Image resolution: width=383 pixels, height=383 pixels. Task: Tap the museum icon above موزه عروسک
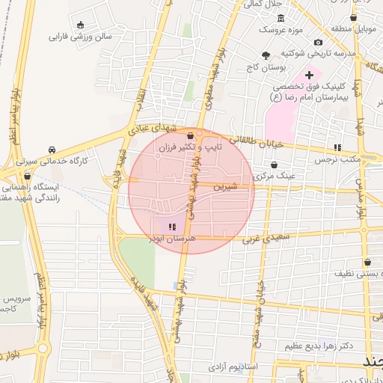[281, 18]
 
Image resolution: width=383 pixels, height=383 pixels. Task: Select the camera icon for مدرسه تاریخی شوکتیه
[319, 42]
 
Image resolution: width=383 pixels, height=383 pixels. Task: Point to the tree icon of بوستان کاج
[266, 55]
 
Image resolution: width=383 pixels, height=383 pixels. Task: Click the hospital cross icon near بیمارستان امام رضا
[309, 75]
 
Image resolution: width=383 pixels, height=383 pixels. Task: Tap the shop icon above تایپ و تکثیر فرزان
[192, 136]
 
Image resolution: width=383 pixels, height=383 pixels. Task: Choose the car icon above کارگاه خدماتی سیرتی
[52, 150]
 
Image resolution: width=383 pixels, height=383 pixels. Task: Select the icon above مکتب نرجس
[337, 147]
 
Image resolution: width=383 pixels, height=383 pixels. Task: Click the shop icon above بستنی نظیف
[367, 263]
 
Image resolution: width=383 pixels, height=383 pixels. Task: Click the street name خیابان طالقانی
[257, 141]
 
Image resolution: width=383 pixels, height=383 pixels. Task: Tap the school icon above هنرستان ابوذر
[173, 225]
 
